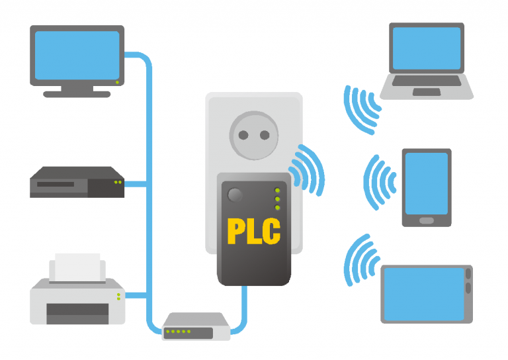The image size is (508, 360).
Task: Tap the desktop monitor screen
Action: coord(77,55)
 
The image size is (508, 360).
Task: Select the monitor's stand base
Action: coord(77,94)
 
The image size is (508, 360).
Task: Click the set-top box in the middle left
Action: coord(77,182)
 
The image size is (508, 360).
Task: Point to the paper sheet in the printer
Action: coord(77,267)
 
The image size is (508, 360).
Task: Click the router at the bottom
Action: coord(196,327)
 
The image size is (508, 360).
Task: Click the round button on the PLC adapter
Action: coord(233,195)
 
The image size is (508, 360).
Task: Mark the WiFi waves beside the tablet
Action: coord(358,261)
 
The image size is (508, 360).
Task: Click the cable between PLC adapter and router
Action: coord(245,311)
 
